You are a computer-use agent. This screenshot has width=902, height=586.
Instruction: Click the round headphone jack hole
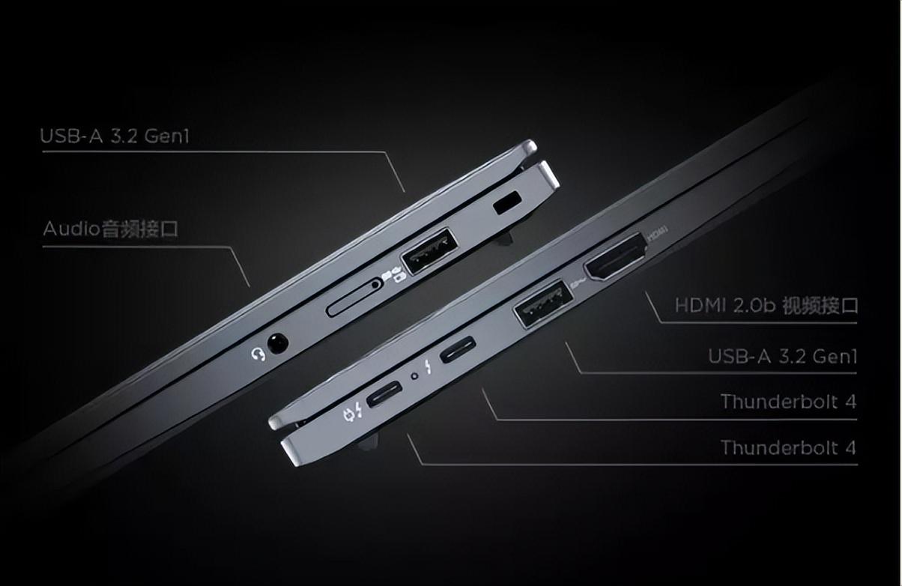278,342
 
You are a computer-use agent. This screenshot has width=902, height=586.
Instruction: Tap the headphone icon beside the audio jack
258,354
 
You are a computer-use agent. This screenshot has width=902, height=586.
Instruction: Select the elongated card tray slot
354,297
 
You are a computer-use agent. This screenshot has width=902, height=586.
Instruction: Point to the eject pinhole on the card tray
375,285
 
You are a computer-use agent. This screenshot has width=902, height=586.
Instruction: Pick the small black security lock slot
507,202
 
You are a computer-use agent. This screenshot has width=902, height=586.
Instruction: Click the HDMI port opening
615,256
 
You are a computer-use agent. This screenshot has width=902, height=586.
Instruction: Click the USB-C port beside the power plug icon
384,393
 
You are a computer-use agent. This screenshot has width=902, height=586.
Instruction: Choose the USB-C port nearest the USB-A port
458,348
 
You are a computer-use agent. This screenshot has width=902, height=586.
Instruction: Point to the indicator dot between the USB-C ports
414,376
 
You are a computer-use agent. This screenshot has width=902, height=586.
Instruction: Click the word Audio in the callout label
71,229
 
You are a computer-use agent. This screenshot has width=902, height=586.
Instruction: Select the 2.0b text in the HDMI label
753,305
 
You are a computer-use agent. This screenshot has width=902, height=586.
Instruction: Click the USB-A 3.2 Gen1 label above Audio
115,136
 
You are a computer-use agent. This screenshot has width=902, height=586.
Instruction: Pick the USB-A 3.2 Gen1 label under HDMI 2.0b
782,356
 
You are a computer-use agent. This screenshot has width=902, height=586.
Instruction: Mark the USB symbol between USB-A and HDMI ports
578,283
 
